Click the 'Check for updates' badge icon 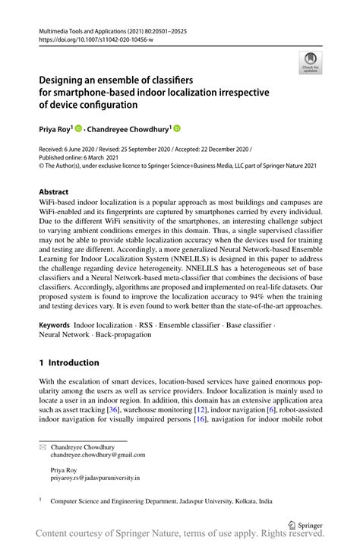pos(309,62)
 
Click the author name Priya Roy pos(54,128)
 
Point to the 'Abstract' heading pos(54,192)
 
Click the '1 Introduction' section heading pos(69,363)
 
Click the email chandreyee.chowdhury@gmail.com pos(98,455)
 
